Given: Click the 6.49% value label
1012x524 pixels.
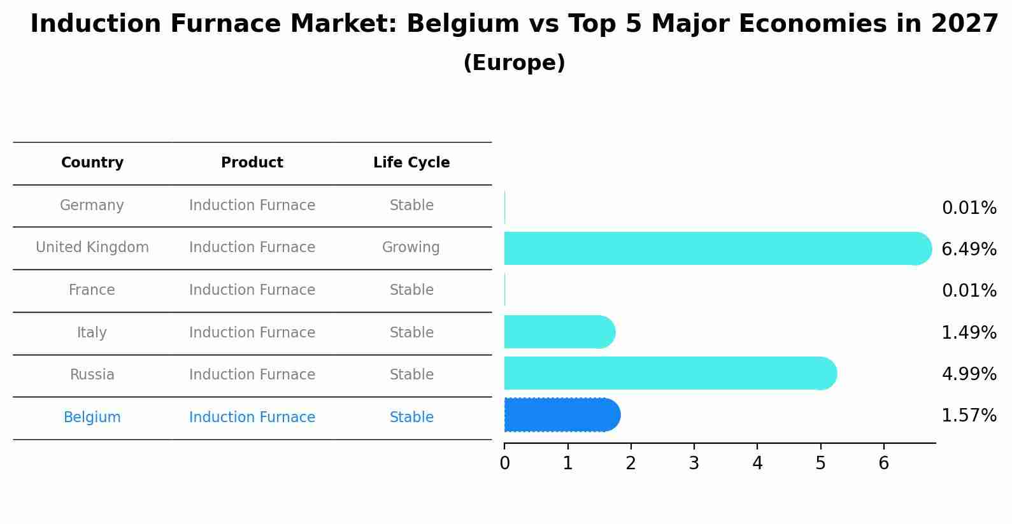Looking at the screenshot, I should pyautogui.click(x=969, y=249).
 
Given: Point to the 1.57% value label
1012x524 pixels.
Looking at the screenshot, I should pyautogui.click(x=969, y=416).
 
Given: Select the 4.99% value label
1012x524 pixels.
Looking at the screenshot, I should pyautogui.click(x=969, y=374).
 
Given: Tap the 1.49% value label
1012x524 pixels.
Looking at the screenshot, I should pyautogui.click(x=969, y=332).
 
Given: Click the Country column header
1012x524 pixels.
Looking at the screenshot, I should pyautogui.click(x=92, y=163).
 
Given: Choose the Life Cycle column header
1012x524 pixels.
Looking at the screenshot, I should pyautogui.click(x=411, y=163).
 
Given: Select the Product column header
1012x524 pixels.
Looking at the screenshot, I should pyautogui.click(x=252, y=163).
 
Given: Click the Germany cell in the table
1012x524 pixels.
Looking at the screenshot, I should pyautogui.click(x=92, y=206).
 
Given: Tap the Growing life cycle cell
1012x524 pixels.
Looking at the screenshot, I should pyautogui.click(x=411, y=248).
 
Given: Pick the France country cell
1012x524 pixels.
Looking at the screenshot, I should pyautogui.click(x=92, y=290).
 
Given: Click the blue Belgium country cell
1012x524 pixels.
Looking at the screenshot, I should pyautogui.click(x=92, y=418).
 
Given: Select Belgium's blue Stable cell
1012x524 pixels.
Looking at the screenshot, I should pyautogui.click(x=411, y=418).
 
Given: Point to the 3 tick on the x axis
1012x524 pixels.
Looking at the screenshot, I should pyautogui.click(x=694, y=464).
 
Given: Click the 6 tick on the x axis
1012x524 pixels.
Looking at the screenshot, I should pyautogui.click(x=883, y=464).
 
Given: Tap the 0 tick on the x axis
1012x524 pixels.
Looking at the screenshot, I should pyautogui.click(x=504, y=464).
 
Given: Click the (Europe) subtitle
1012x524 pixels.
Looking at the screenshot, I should pyautogui.click(x=514, y=63).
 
